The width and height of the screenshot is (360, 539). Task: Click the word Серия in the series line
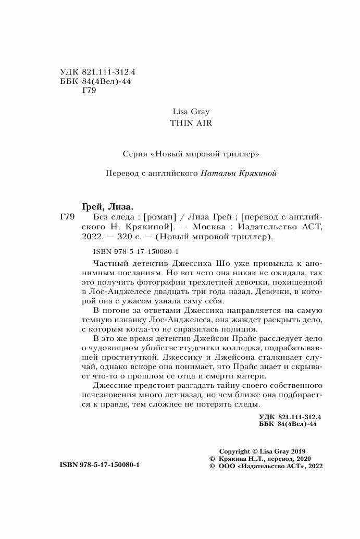tap(132, 154)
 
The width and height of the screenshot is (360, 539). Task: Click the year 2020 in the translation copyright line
tap(301, 459)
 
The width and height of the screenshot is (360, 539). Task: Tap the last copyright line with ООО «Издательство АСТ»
tap(266, 467)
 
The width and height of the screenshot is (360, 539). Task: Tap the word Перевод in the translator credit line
tap(121, 174)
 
